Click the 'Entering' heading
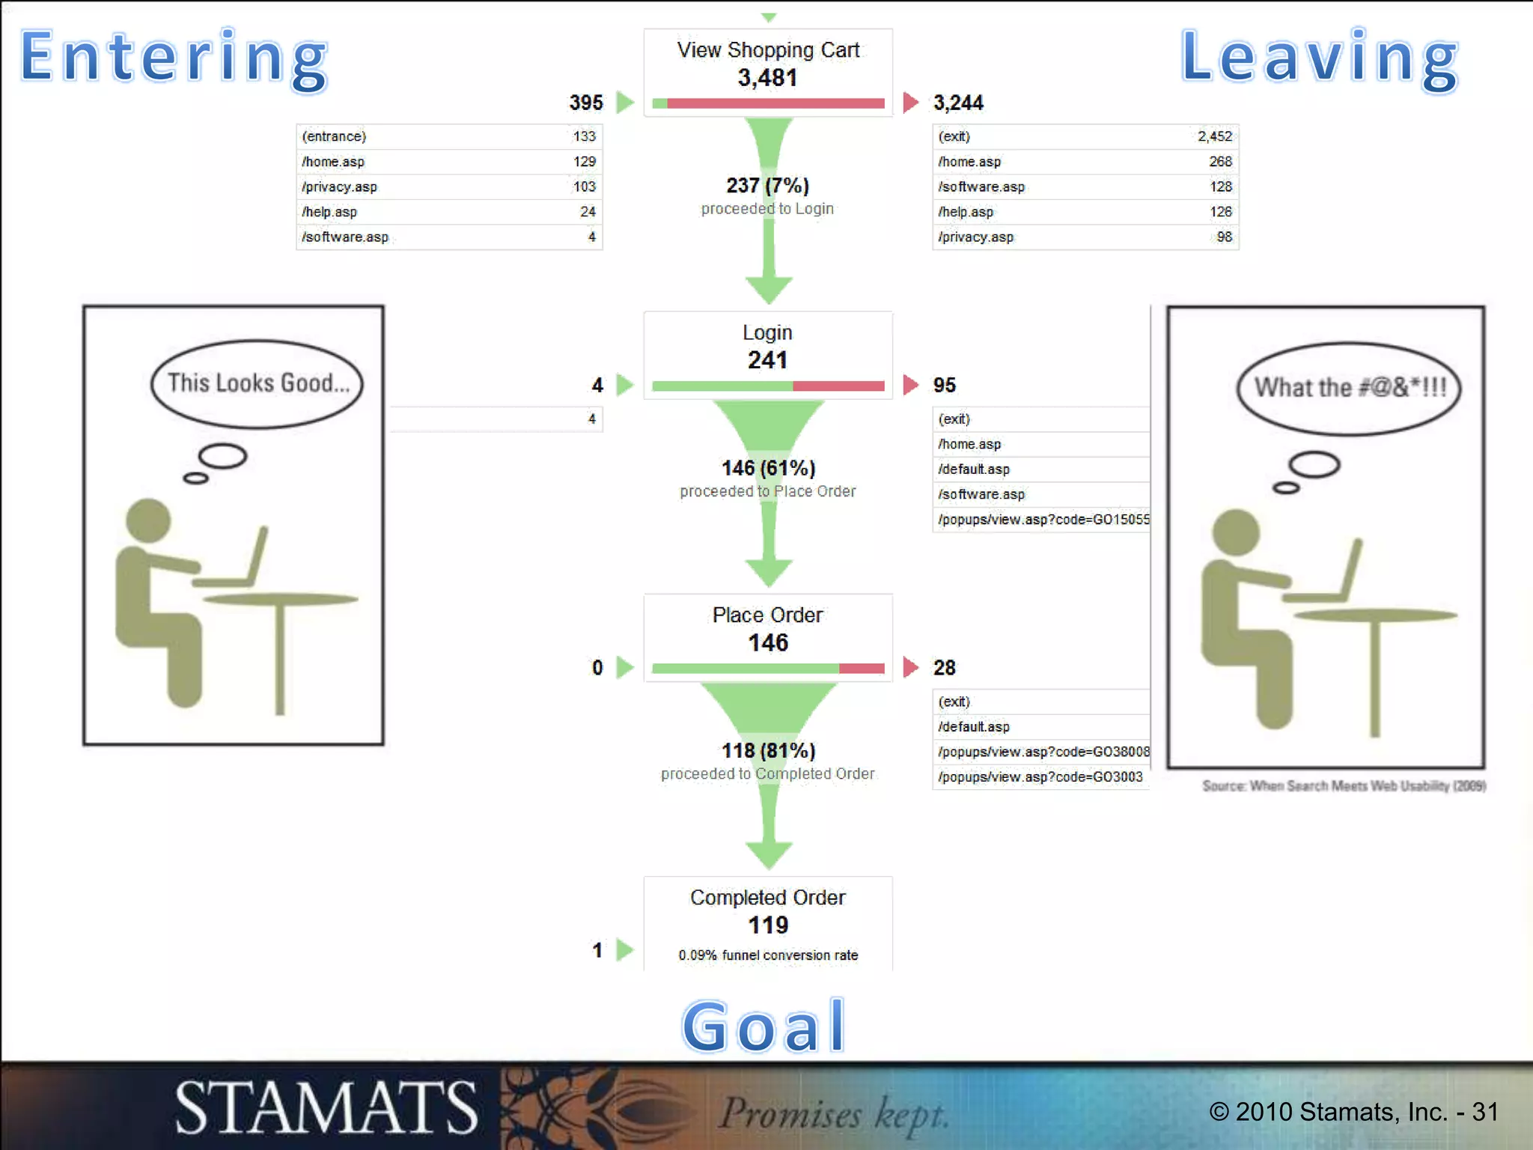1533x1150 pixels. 174,58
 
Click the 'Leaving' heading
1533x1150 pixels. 1320,58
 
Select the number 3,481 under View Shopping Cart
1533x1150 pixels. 767,78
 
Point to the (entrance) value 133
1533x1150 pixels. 584,136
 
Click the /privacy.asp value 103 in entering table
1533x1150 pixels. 584,186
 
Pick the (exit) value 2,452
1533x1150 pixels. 1214,136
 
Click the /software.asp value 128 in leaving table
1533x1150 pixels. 1220,186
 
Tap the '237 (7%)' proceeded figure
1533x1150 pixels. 767,185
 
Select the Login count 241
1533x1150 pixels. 767,360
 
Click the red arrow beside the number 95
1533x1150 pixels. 910,385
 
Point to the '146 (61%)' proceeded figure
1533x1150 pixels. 768,468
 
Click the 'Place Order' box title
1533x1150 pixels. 767,615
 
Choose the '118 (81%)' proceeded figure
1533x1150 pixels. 768,750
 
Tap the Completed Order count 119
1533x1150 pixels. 768,925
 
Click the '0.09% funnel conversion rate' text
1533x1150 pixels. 768,955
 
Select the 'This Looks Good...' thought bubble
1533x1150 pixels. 257,383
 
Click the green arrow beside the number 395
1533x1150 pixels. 625,103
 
